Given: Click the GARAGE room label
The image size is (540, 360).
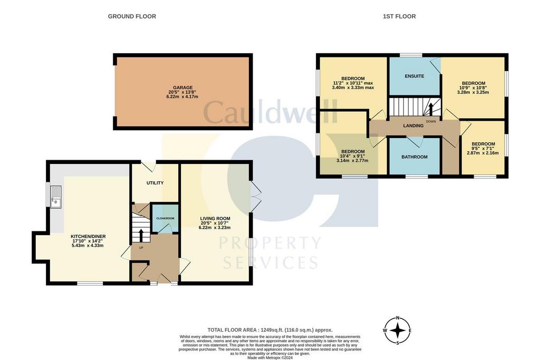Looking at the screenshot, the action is click(x=183, y=88).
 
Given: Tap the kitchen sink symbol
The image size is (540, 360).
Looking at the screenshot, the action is click(x=56, y=197).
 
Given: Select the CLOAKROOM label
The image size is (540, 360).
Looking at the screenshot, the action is click(x=165, y=218).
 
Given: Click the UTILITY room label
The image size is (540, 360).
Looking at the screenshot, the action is click(x=155, y=183).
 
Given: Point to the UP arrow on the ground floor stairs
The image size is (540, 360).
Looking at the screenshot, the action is click(x=141, y=235).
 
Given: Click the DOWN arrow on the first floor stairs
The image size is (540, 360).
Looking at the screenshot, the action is click(x=430, y=109).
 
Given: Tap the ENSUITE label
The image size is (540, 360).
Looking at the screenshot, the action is click(x=414, y=76).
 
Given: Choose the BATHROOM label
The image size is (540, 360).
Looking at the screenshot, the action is click(x=414, y=157).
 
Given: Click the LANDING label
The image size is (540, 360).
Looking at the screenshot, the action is click(x=413, y=125).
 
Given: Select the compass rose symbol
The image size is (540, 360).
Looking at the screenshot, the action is click(x=398, y=330).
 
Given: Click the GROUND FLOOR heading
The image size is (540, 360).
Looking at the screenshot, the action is click(x=132, y=16).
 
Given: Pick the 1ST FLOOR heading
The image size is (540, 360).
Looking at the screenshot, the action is click(x=399, y=16).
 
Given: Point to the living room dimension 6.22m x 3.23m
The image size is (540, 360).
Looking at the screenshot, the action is click(x=215, y=228).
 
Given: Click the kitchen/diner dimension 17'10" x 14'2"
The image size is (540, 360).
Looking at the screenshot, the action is click(x=88, y=241).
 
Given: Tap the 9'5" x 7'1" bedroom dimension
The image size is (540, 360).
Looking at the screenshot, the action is click(x=483, y=148).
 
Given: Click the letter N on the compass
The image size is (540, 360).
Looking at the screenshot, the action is click(x=398, y=318).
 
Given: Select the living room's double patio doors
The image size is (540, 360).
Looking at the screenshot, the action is click(x=255, y=197).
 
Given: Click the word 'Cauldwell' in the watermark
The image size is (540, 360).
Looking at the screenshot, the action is click(x=270, y=112).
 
